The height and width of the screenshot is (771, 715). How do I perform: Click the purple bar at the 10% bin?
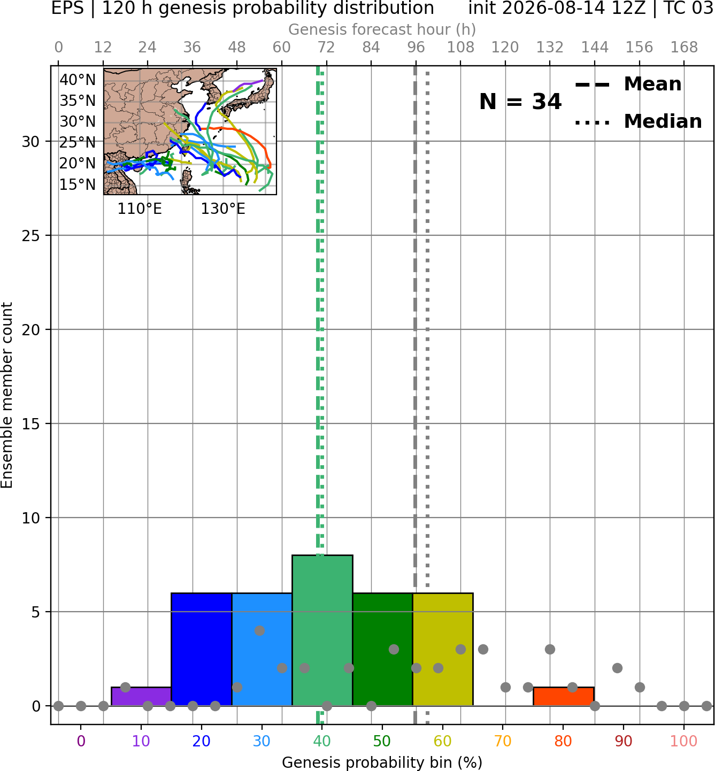pos(141,697)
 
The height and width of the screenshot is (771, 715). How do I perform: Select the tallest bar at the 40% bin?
pos(322,630)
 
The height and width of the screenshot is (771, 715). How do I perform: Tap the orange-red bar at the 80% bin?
pos(564,697)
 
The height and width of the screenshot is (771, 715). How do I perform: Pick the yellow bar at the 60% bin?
pos(443,650)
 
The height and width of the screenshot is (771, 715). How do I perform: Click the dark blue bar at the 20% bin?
pos(202,650)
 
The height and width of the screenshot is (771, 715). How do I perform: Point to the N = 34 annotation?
pos(520,102)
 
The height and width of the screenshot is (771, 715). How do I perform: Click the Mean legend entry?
pos(628,84)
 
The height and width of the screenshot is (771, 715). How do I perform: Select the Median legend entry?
pos(639,121)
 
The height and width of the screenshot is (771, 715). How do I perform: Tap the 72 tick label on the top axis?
pos(326,48)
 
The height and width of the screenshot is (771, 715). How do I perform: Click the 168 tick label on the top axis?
pos(684,48)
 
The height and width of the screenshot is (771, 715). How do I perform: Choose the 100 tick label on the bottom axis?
pos(684,741)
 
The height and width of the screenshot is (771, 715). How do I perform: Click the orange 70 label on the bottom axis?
pos(503,741)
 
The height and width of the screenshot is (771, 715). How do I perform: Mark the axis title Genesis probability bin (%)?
pos(382,762)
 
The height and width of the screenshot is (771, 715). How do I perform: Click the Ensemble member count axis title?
pos(7,396)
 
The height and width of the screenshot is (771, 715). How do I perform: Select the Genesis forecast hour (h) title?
pos(382,29)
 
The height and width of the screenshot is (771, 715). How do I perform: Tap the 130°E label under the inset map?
pos(223,209)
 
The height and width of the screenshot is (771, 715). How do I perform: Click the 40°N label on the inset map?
pos(78,80)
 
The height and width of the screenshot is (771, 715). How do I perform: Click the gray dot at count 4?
pos(259,631)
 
